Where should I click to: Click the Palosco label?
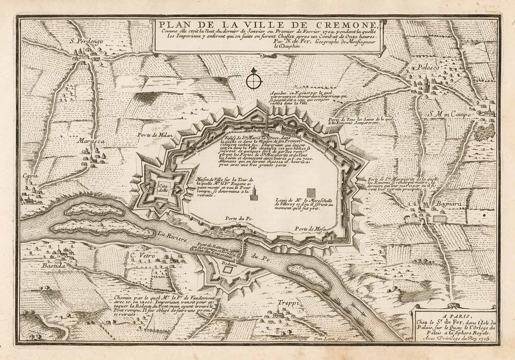coord(429,68)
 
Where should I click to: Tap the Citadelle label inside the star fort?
coord(161,188)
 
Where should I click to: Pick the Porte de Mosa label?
coord(310,229)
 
